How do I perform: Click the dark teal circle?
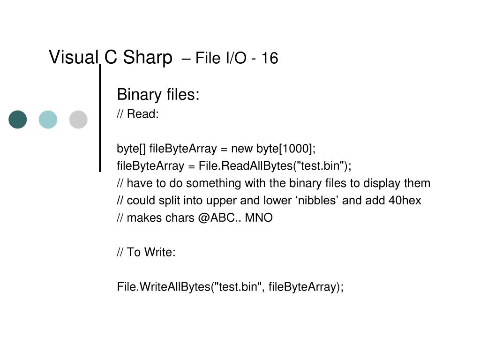(x=18, y=120)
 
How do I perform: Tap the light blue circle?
(x=48, y=120)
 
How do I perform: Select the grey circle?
(x=78, y=120)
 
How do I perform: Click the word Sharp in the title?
(x=148, y=58)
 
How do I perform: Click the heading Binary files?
(x=158, y=95)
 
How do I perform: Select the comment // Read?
(x=138, y=114)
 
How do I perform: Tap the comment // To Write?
(x=146, y=253)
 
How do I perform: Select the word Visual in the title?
(x=74, y=58)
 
